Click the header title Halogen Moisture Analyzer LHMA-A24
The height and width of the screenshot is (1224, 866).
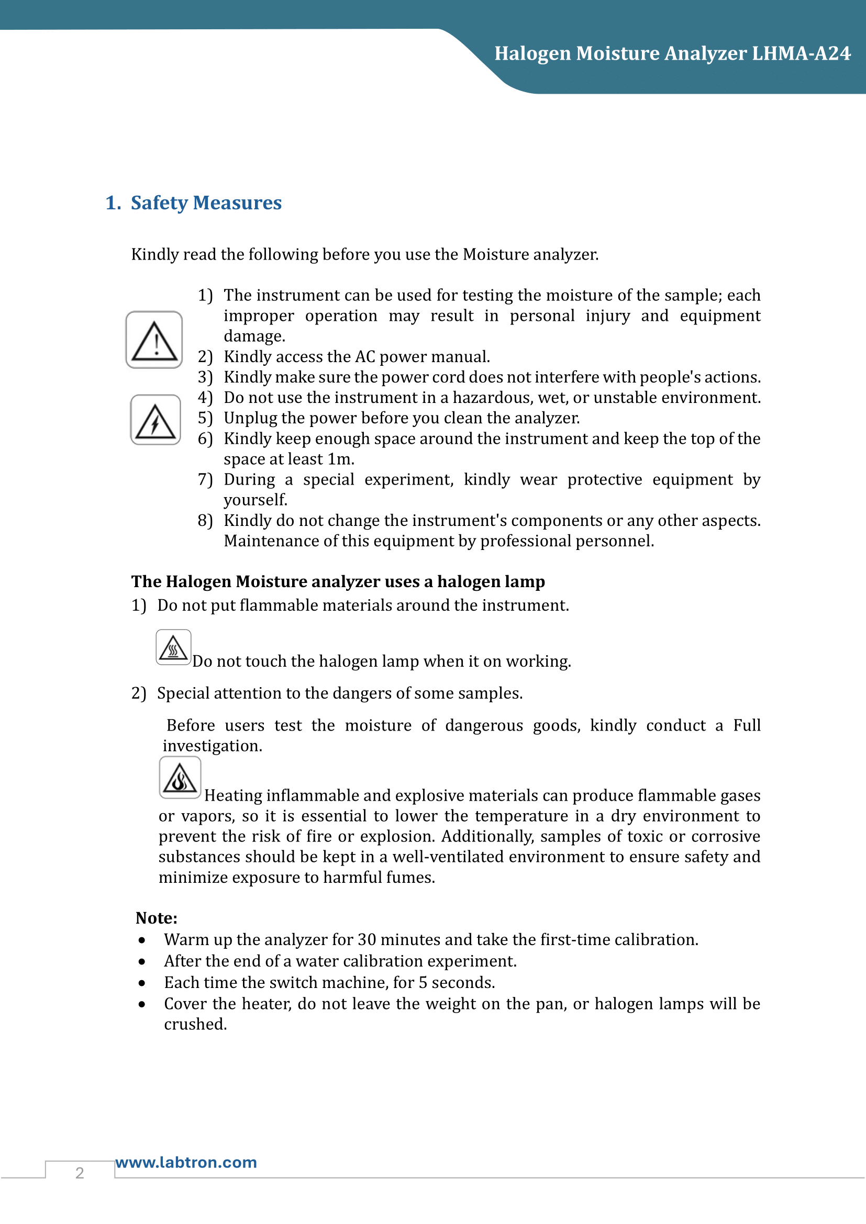pyautogui.click(x=672, y=54)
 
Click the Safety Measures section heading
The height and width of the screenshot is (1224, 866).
pyautogui.click(x=206, y=203)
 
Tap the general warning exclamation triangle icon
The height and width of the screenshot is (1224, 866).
pyautogui.click(x=154, y=340)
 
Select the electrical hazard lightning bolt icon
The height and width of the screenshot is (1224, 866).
pyautogui.click(x=155, y=420)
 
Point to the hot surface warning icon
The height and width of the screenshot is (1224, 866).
pyautogui.click(x=173, y=648)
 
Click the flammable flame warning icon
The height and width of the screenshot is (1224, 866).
pyautogui.click(x=180, y=778)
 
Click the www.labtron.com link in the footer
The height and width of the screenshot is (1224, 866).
pyautogui.click(x=186, y=1162)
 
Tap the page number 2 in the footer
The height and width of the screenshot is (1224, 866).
pyautogui.click(x=80, y=1173)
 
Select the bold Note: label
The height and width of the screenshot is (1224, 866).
pyautogui.click(x=156, y=918)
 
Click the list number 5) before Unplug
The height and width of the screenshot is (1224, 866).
pyautogui.click(x=205, y=419)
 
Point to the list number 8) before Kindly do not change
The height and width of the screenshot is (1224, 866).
pyautogui.click(x=205, y=521)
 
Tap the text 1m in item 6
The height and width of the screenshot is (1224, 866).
pyautogui.click(x=339, y=459)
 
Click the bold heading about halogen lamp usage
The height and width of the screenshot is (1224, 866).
pyautogui.click(x=338, y=581)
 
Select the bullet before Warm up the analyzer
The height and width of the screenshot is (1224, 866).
pyautogui.click(x=142, y=940)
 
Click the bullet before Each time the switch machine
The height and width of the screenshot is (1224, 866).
pyautogui.click(x=142, y=983)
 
